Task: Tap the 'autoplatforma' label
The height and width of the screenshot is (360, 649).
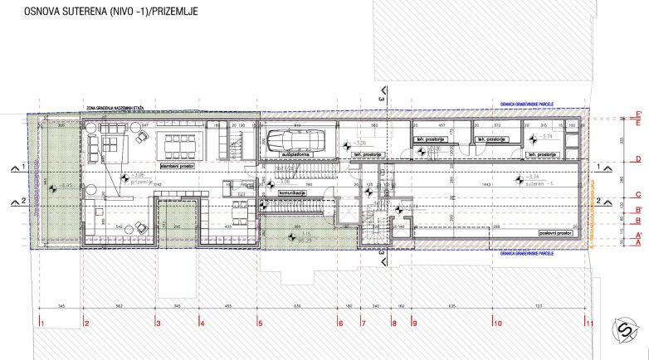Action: [x=296, y=154]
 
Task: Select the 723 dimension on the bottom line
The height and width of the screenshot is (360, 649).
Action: [x=540, y=306]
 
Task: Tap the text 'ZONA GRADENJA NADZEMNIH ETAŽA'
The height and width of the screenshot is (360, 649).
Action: [x=117, y=108]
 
